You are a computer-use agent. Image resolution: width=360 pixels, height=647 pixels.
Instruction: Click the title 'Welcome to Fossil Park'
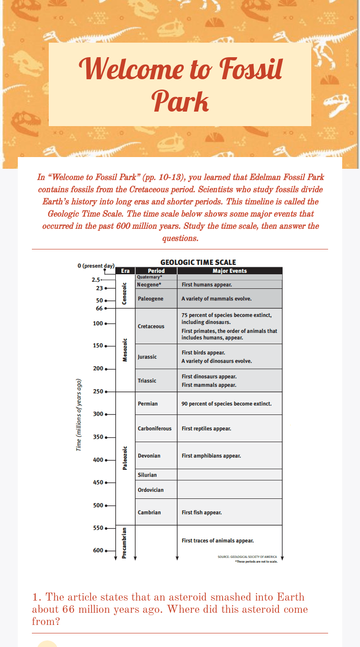(x=180, y=84)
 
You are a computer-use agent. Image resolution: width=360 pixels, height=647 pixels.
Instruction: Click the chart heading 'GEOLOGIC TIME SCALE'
(x=198, y=263)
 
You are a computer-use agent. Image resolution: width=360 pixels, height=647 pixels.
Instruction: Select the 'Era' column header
(x=125, y=271)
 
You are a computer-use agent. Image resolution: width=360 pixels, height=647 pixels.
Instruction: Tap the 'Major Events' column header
(x=230, y=271)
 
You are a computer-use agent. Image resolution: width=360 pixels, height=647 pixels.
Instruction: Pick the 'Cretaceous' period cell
(x=151, y=326)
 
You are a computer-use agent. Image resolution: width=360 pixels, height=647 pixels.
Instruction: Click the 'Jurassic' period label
(x=147, y=357)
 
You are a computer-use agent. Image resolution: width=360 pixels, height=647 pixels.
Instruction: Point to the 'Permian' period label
(x=148, y=404)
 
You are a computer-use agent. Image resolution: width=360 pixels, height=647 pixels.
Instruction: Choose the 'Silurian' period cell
(x=147, y=475)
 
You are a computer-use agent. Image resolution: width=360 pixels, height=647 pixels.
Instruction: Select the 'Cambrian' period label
(x=149, y=512)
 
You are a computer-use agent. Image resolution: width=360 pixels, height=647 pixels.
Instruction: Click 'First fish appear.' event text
(x=202, y=512)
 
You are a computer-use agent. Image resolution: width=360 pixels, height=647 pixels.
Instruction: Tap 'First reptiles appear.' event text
(x=206, y=429)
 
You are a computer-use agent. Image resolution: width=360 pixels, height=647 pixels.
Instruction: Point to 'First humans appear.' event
(x=207, y=285)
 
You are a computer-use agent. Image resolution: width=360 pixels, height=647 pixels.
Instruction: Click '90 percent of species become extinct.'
(x=226, y=404)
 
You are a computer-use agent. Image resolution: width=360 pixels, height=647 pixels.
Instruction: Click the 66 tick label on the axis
(x=99, y=308)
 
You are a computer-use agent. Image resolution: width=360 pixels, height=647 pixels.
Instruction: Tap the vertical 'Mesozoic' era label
(x=125, y=350)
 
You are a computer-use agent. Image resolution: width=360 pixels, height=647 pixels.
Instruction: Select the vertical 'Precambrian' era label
(x=125, y=543)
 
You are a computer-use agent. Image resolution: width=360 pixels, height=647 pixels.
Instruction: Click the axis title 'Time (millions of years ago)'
(x=79, y=415)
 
